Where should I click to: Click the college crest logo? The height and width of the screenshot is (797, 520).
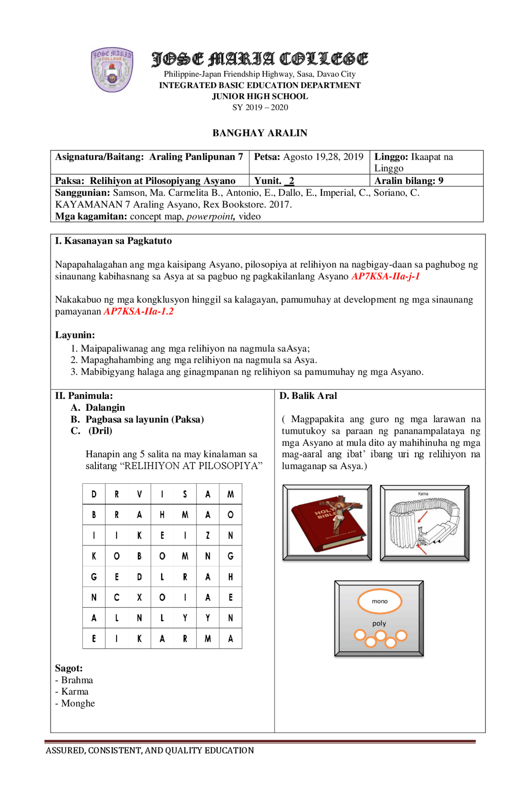112,69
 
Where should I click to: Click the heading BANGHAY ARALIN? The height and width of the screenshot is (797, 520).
260,133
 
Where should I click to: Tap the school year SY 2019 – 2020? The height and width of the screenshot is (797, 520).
260,108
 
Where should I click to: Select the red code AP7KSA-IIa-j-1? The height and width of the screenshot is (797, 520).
385,277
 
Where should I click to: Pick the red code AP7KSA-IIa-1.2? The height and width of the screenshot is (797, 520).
139,312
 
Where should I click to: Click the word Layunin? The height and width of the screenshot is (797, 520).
75,335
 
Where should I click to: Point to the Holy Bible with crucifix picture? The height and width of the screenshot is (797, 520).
327,522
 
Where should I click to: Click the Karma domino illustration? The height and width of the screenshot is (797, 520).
425,523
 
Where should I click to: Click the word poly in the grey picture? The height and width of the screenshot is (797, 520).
379,624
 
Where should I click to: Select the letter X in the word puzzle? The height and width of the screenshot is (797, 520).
139,597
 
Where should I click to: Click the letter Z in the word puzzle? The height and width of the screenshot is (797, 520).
208,535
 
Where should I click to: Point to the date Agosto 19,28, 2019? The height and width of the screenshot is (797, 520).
323,157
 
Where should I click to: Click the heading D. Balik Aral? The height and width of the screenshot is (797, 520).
308,396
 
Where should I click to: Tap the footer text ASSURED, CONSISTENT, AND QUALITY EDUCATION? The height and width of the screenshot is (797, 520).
149,751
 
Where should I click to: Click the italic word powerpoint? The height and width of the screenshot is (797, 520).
210,217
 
